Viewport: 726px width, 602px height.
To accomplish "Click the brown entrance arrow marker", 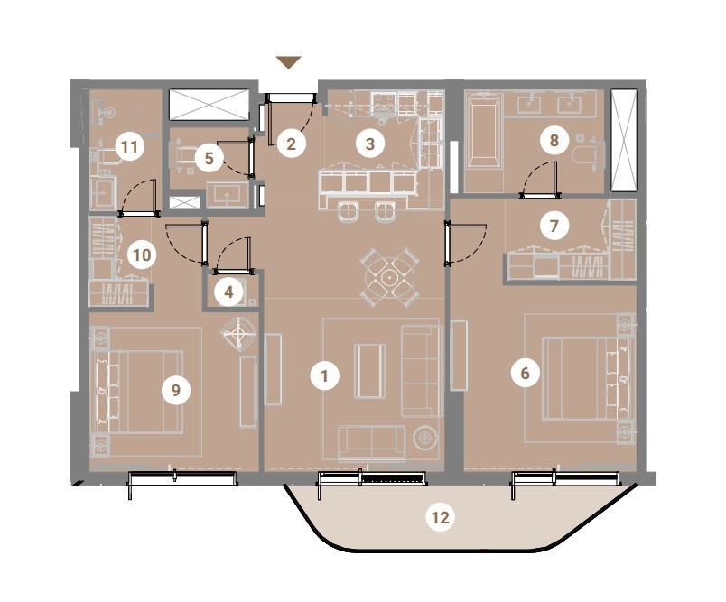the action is click(289, 62).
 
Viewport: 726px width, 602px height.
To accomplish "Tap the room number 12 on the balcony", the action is click(440, 517).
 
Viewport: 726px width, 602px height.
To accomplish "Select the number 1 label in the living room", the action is click(324, 375).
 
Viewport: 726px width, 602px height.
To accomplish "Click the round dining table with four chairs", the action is click(390, 278).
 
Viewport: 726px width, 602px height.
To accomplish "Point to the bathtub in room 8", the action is click(483, 130).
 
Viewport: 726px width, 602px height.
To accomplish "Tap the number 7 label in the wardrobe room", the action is click(554, 226).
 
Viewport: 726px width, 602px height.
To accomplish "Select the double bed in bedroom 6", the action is click(587, 378).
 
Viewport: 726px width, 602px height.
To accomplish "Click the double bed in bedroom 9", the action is click(139, 392).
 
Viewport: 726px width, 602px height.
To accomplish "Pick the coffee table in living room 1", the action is click(369, 371).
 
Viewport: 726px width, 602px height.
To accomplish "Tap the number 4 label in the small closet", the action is click(228, 292).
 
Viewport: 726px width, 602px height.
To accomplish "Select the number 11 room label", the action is click(129, 147).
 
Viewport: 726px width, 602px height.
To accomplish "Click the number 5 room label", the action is click(209, 158).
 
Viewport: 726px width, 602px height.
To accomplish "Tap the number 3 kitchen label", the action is click(369, 144).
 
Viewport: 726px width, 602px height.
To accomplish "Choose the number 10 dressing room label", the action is click(142, 255).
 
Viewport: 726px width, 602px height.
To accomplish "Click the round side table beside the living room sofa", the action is click(425, 436).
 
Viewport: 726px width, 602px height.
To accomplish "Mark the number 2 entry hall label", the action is click(292, 144).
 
